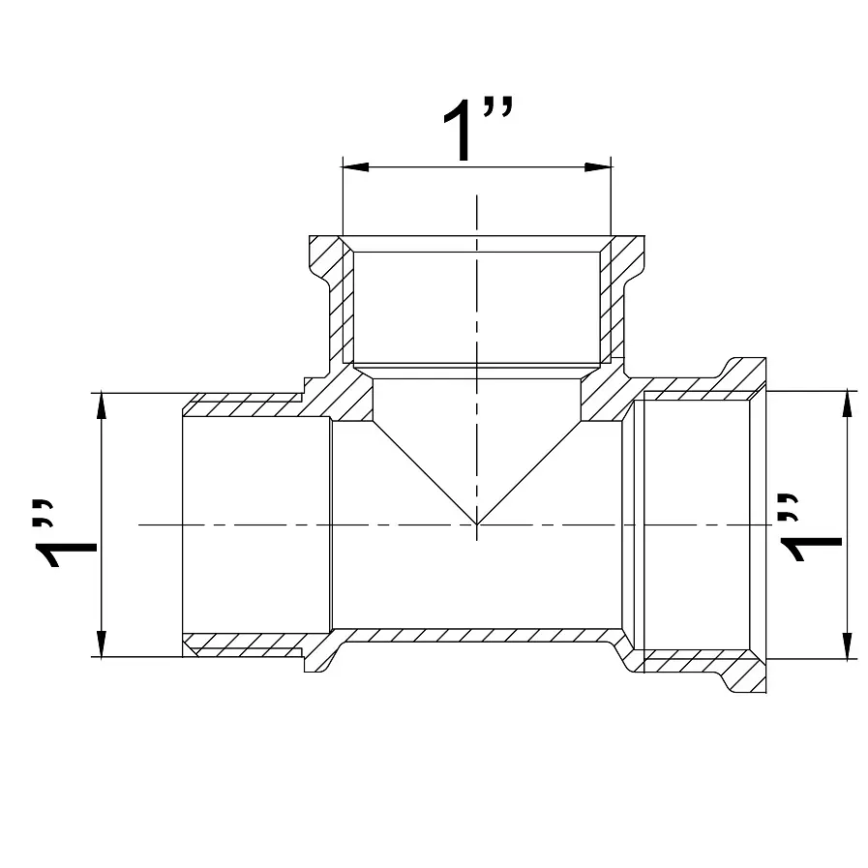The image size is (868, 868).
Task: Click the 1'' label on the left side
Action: (x=66, y=533)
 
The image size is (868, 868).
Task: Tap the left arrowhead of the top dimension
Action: (x=356, y=166)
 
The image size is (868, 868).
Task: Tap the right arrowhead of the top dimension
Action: (x=598, y=166)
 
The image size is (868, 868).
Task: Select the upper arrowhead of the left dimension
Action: (x=101, y=405)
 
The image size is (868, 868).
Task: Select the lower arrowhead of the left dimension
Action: (x=101, y=644)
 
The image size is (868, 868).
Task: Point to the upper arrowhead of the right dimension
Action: (x=847, y=404)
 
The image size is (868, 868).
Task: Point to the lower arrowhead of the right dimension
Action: (x=847, y=646)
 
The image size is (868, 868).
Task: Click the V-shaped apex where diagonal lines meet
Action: (x=477, y=524)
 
